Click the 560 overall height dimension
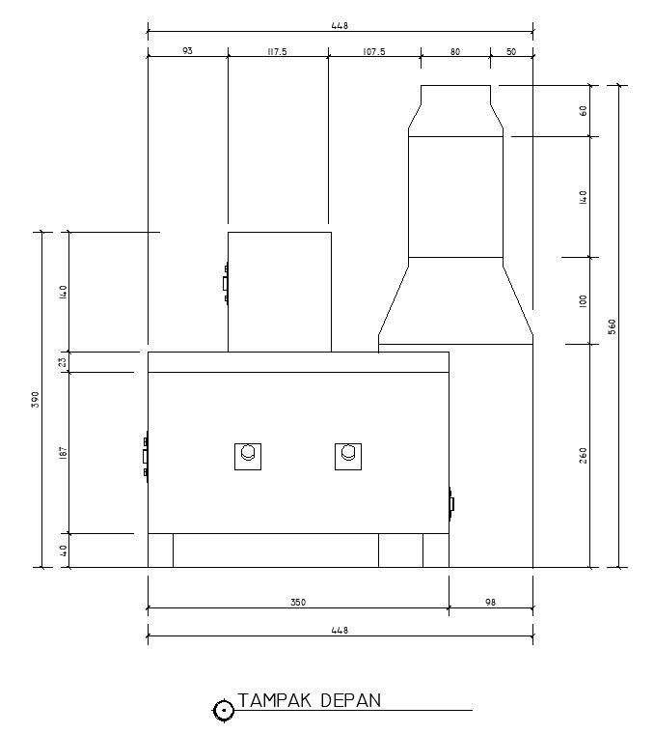click(612, 326)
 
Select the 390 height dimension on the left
click(36, 399)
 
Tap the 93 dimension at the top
click(187, 50)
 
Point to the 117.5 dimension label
click(277, 51)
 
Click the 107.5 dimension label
click(374, 51)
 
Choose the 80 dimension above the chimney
click(455, 51)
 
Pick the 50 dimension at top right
click(511, 51)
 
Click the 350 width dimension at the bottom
click(298, 602)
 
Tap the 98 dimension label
click(490, 602)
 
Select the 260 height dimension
click(583, 456)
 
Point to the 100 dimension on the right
click(583, 300)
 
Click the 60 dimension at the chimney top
click(583, 111)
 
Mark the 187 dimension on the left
click(64, 453)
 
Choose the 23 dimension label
click(63, 362)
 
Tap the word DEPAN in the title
click(351, 701)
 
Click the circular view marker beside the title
click(224, 711)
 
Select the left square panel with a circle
click(248, 457)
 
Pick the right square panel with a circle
click(348, 457)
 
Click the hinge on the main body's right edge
click(451, 504)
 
